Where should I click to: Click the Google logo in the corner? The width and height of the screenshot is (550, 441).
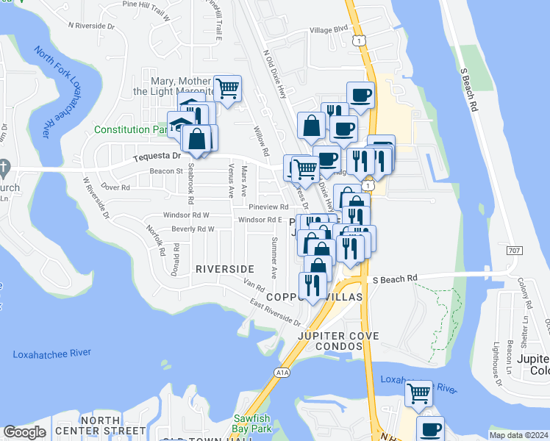24,432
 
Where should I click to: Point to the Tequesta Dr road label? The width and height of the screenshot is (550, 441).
157,157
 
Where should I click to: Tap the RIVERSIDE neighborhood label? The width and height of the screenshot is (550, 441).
225,269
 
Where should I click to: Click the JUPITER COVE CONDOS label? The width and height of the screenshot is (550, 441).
338,342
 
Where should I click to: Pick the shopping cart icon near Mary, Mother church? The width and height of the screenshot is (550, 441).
228,88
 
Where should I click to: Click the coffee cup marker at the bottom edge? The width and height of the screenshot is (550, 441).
430,429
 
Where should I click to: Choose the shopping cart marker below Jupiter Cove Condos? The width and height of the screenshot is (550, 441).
418,393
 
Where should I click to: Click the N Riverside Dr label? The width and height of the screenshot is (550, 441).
92,25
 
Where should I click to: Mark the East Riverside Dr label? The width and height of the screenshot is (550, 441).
275,312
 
